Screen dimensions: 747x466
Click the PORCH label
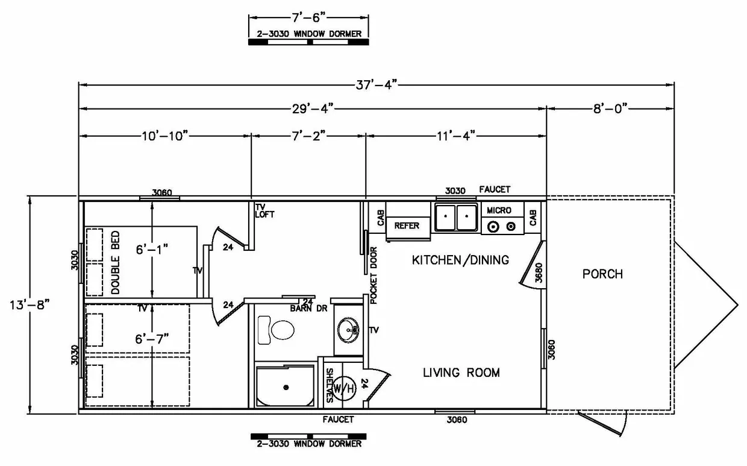click(602, 274)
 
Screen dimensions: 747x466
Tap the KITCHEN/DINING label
click(460, 260)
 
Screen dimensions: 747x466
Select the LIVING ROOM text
click(461, 373)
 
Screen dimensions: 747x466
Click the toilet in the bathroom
click(276, 330)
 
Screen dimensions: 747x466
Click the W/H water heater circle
click(343, 388)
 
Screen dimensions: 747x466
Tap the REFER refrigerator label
click(407, 226)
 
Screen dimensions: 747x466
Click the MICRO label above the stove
click(499, 210)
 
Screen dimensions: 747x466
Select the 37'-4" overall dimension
click(377, 85)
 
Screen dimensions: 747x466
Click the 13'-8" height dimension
click(30, 305)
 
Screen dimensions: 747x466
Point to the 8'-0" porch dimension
click(610, 109)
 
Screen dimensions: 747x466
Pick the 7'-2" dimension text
click(308, 136)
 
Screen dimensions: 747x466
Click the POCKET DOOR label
click(373, 276)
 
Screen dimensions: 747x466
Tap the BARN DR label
click(308, 309)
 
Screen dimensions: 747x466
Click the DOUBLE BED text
click(115, 263)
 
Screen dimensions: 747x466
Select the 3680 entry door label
click(539, 272)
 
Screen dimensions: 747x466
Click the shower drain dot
click(286, 388)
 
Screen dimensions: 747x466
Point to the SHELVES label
click(330, 385)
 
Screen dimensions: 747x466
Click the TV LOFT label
click(264, 210)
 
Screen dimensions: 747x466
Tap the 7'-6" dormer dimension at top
click(308, 17)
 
